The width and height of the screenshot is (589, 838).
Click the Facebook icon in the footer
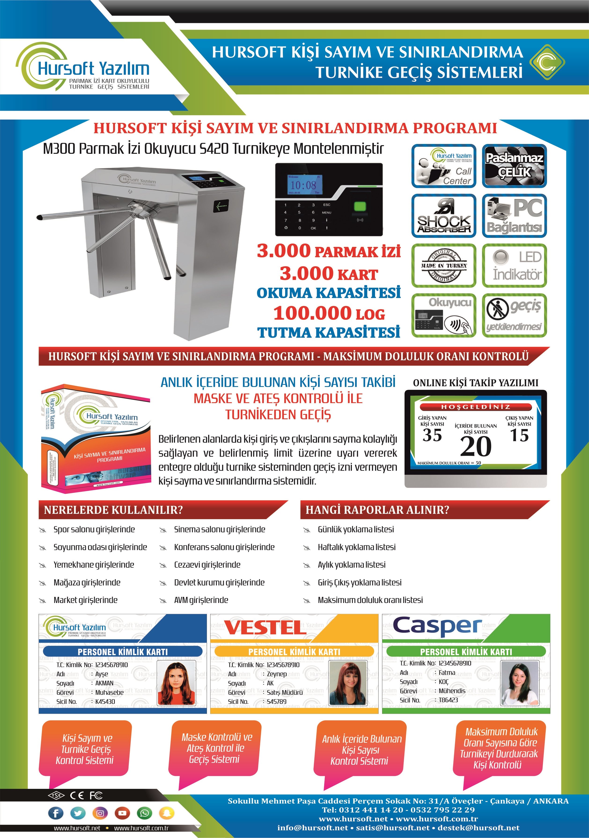56,813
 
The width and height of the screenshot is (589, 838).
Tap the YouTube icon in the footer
122,813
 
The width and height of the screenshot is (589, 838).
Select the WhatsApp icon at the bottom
144,813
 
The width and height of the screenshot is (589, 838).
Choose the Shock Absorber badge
444,216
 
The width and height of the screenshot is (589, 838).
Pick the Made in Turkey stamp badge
444,266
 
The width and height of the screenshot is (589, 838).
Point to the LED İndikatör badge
515,266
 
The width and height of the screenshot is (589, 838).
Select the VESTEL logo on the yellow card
265,628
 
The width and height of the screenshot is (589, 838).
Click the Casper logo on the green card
437,626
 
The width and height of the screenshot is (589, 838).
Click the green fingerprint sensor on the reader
360,206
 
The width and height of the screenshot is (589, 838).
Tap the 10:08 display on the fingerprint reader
303,185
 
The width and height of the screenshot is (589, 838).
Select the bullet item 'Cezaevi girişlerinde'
207,565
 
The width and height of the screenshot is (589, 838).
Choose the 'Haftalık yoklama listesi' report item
357,547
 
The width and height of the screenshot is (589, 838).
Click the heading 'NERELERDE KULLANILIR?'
113,510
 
